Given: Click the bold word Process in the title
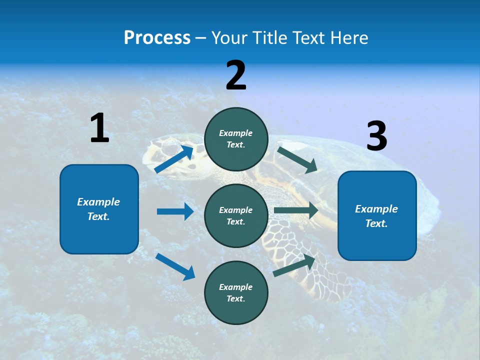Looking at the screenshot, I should tap(157, 37).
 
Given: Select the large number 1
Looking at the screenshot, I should tap(99, 128).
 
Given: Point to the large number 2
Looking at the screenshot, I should tap(236, 75).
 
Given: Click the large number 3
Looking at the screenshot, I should tap(376, 136).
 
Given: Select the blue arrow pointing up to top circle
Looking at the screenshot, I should tap(174, 159).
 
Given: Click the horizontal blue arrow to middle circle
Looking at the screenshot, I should tap(175, 211).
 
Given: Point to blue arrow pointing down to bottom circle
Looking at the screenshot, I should tap(175, 266).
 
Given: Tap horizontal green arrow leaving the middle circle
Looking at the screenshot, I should tap(296, 211).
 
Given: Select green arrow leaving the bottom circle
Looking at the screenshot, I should tap(294, 265).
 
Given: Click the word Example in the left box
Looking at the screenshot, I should tap(98, 202).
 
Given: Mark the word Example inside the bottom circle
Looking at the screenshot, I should tap(236, 287).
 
